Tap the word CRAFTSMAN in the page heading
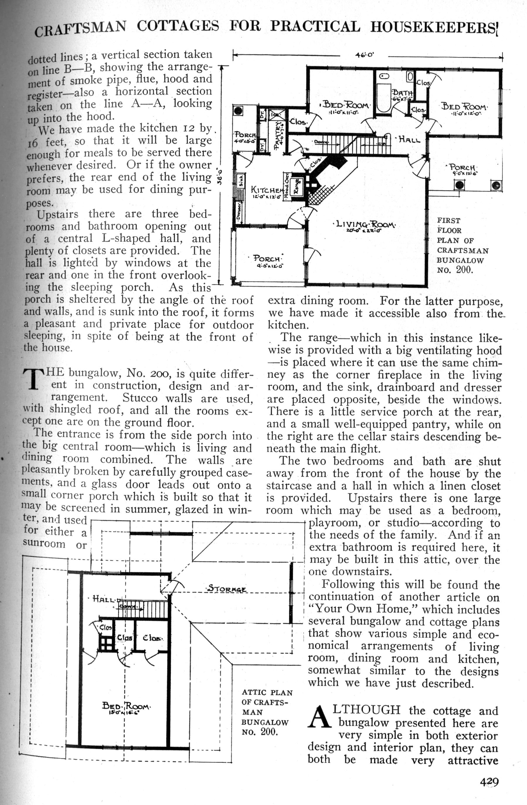[x=80, y=29]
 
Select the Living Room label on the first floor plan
[x=364, y=225]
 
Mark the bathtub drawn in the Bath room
[x=384, y=93]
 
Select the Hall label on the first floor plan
[x=408, y=139]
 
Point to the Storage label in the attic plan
[x=227, y=588]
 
